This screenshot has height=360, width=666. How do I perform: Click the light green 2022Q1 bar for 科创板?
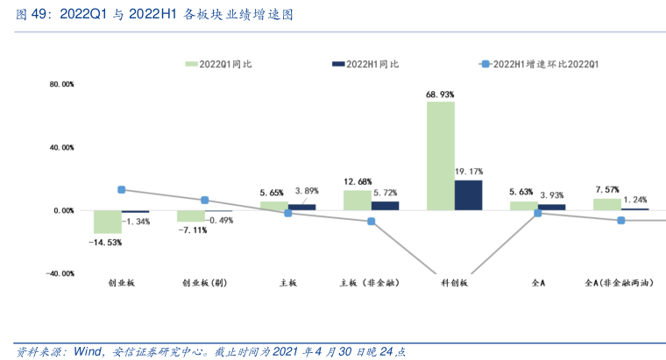(440, 156)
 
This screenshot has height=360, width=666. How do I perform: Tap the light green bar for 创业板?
(107, 222)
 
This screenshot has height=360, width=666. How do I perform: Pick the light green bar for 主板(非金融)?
(357, 201)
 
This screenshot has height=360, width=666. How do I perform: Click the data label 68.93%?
(440, 94)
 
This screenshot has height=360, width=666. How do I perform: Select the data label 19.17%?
(470, 172)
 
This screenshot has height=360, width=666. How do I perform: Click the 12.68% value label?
(357, 181)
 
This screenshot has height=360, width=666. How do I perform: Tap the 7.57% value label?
(607, 189)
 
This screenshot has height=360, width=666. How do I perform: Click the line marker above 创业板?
(121, 189)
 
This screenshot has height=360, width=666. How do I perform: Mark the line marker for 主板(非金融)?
(371, 222)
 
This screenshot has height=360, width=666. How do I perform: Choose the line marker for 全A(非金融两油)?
(621, 220)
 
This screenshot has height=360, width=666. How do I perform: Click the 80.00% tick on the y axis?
(61, 85)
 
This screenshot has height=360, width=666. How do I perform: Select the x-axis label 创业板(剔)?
(204, 284)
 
